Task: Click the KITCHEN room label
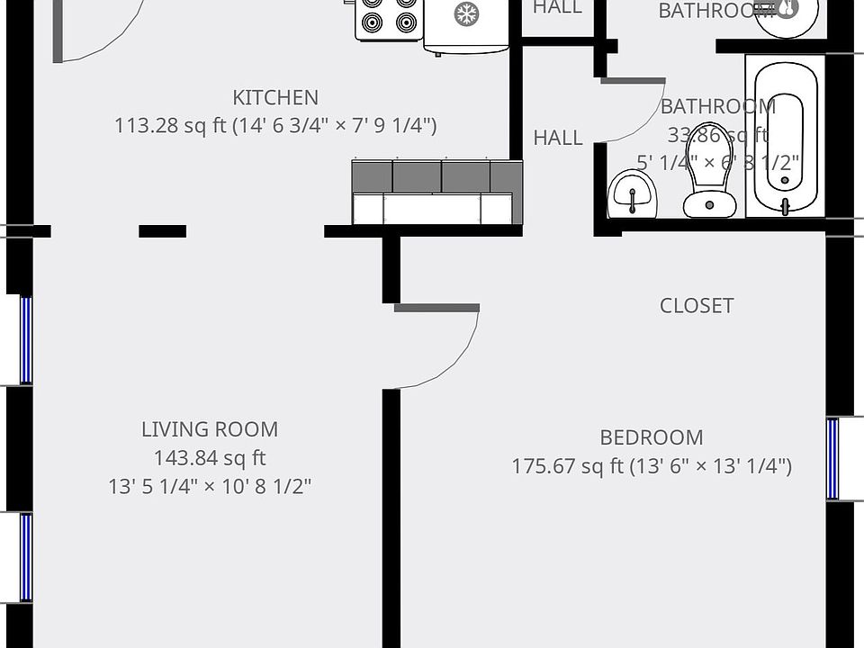pyautogui.click(x=275, y=97)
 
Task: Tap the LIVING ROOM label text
pyautogui.click(x=210, y=429)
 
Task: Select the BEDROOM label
pyautogui.click(x=652, y=437)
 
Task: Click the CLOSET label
pyautogui.click(x=697, y=305)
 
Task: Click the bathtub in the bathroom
pyautogui.click(x=785, y=135)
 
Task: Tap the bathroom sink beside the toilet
pyautogui.click(x=633, y=194)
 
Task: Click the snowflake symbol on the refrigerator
pyautogui.click(x=465, y=13)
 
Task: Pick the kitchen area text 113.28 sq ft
pyautogui.click(x=170, y=125)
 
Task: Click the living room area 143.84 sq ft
pyautogui.click(x=210, y=458)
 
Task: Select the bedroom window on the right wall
pyautogui.click(x=832, y=458)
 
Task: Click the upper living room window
pyautogui.click(x=26, y=340)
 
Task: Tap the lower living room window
pyautogui.click(x=26, y=556)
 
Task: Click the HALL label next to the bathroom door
pyautogui.click(x=558, y=138)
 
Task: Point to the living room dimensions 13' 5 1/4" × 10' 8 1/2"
pyautogui.click(x=210, y=487)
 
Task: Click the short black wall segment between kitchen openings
pyautogui.click(x=162, y=231)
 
